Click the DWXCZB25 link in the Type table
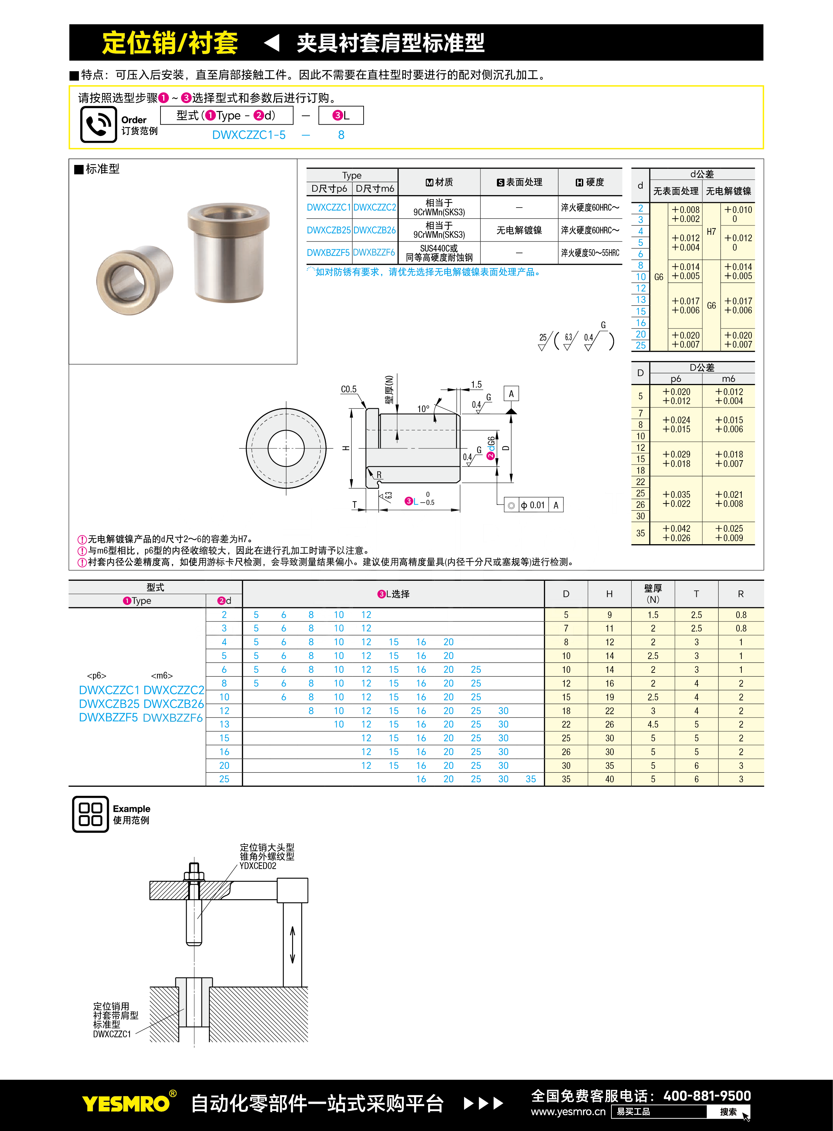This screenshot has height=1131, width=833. [329, 230]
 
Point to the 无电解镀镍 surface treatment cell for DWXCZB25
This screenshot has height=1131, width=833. [519, 230]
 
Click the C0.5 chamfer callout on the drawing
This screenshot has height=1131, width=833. [349, 389]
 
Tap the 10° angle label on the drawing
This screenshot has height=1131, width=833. [423, 408]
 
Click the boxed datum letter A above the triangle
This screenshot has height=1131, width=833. [511, 393]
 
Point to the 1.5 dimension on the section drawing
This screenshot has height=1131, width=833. [476, 384]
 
